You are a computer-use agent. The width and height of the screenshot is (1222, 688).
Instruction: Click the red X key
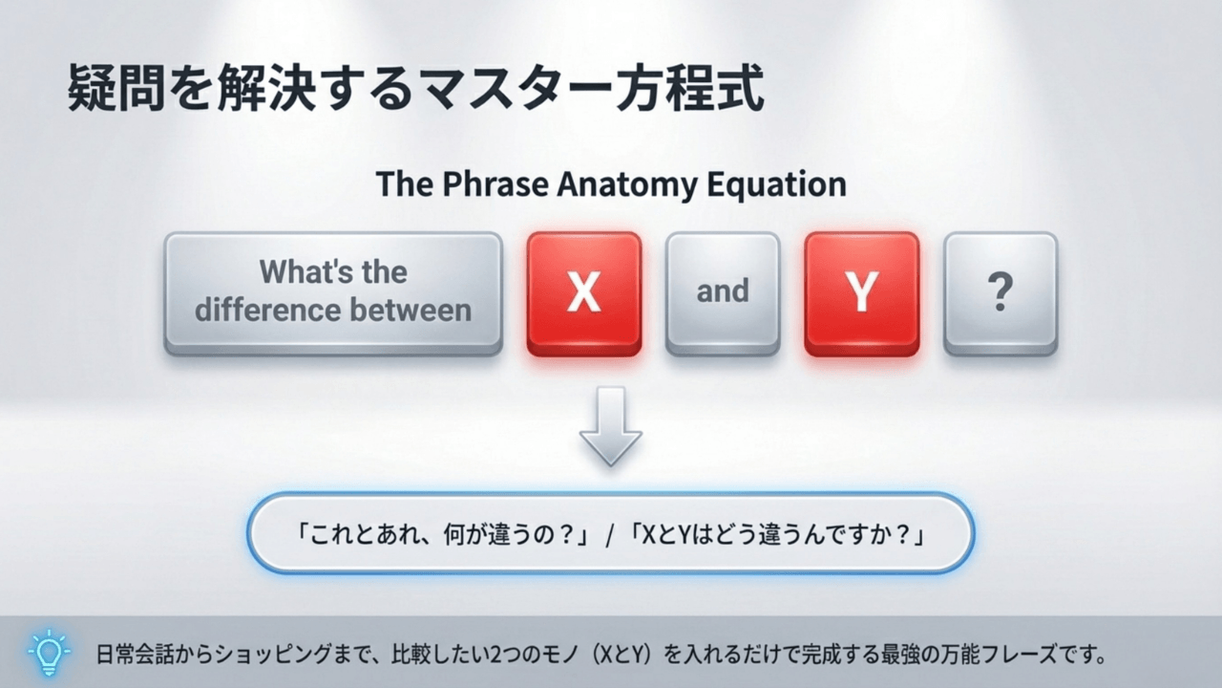click(x=583, y=292)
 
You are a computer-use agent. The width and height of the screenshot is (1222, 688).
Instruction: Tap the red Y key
click(x=861, y=292)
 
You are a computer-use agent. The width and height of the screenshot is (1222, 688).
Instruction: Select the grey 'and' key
click(x=722, y=291)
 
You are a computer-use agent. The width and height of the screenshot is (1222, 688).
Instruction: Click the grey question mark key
click(x=1000, y=291)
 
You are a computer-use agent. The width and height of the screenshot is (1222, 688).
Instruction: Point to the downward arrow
click(x=610, y=426)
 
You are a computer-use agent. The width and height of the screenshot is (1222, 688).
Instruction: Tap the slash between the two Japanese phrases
click(x=610, y=533)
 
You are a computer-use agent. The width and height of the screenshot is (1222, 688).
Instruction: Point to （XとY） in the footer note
click(x=622, y=656)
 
